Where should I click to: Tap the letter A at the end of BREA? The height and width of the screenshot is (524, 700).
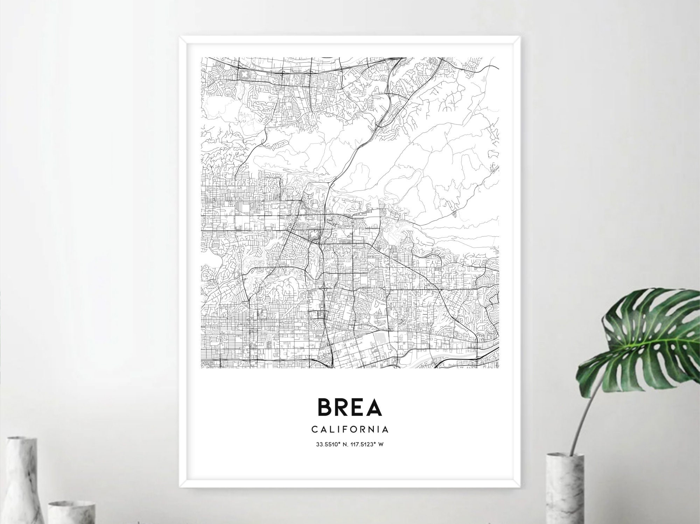click(x=373, y=407)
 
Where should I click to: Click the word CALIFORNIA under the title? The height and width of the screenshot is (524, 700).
click(x=350, y=429)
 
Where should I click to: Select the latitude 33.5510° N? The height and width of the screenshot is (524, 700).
click(x=332, y=445)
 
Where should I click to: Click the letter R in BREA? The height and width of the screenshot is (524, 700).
click(x=341, y=407)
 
